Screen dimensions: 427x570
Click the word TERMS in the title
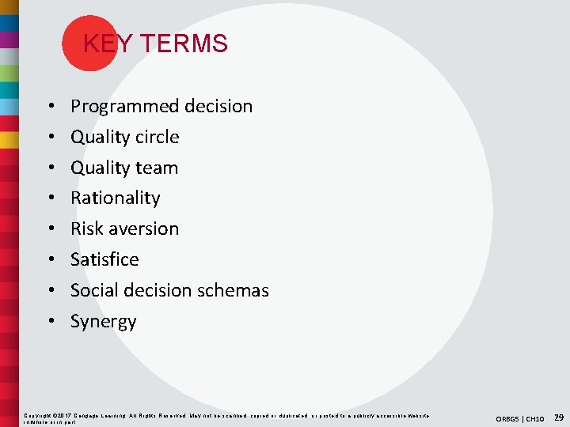(184, 43)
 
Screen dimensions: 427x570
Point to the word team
(157, 168)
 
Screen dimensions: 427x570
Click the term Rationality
(115, 198)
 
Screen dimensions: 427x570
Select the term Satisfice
(104, 259)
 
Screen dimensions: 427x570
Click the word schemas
(234, 290)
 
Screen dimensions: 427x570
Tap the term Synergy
(103, 322)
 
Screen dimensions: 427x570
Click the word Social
(93, 290)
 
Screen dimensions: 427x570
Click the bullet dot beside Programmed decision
(49, 107)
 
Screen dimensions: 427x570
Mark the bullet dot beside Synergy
(49, 322)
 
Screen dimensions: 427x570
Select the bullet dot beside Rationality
(49, 198)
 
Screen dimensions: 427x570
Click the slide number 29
(559, 417)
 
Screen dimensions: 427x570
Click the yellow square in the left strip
(9, 140)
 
